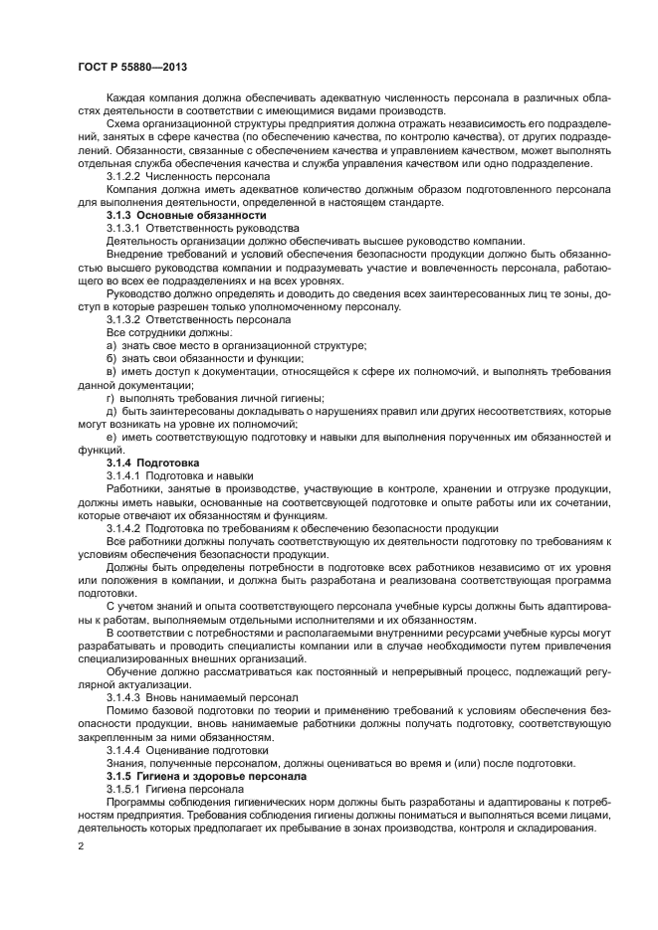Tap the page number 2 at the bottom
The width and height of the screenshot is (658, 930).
point(81,846)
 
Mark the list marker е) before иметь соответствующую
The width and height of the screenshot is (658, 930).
point(111,437)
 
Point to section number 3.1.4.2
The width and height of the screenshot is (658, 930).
point(125,528)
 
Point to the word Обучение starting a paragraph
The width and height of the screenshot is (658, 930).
point(131,671)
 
